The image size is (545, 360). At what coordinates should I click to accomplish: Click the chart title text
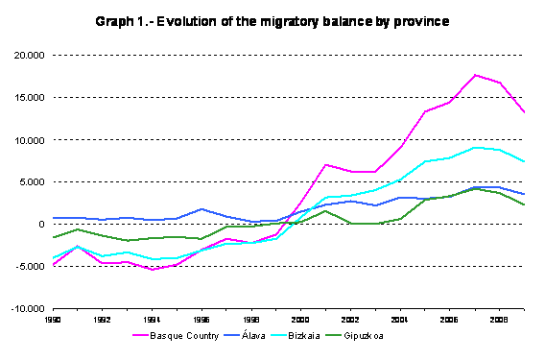coord(273,20)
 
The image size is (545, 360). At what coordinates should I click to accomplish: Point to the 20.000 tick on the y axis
coord(32,56)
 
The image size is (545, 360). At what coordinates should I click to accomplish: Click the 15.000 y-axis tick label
coord(32,98)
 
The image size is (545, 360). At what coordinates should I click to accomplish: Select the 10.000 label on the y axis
coord(32,140)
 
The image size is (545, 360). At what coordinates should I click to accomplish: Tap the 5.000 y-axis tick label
coord(34,182)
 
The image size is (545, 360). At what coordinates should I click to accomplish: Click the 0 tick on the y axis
coord(41,225)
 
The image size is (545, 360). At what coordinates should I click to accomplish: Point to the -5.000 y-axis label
coord(33,267)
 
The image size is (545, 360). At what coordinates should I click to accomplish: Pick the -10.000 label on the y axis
coord(30,309)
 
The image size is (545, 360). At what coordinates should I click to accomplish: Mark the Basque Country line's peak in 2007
coord(475,75)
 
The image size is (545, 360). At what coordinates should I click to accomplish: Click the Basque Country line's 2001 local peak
coord(326,164)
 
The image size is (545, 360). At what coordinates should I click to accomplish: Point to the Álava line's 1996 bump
coord(201,208)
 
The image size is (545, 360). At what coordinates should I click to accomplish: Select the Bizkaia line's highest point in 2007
coord(475,148)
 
